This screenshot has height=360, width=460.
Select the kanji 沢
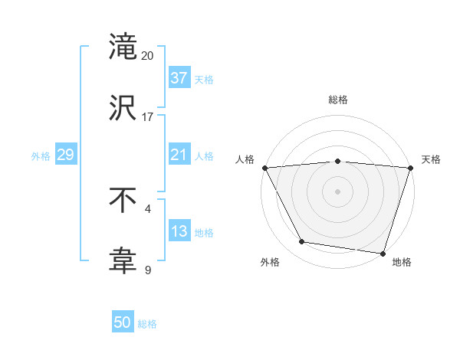(x=123, y=106)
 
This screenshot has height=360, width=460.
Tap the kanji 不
(x=123, y=201)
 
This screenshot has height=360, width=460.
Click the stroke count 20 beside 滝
(x=148, y=56)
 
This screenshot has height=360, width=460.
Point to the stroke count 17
(x=148, y=116)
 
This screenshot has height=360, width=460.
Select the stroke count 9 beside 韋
(x=148, y=270)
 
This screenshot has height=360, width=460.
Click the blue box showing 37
(x=179, y=78)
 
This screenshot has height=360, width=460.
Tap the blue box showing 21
(x=179, y=155)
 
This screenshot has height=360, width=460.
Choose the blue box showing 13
(x=179, y=231)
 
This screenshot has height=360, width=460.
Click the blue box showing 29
(x=65, y=155)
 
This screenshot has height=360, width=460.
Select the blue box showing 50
(x=123, y=323)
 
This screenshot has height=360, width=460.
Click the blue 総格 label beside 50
(x=147, y=324)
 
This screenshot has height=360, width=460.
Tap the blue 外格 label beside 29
(x=41, y=155)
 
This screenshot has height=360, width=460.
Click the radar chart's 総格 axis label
(x=337, y=100)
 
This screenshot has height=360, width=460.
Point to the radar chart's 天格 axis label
(x=431, y=159)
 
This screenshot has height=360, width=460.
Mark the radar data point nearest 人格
(x=264, y=168)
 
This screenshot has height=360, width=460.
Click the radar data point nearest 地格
(x=383, y=253)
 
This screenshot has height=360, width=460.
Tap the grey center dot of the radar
(x=337, y=191)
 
